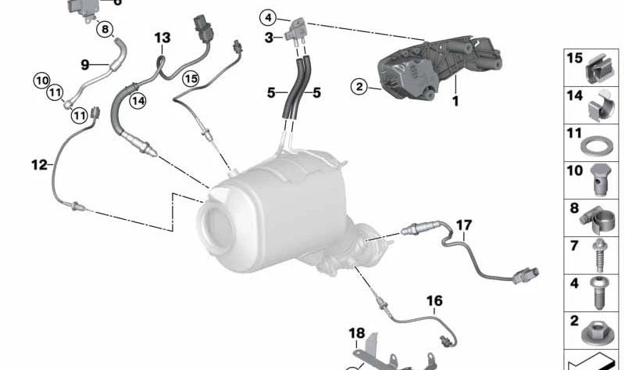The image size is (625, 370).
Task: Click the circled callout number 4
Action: (268, 17)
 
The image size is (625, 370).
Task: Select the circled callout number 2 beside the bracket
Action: (359, 86)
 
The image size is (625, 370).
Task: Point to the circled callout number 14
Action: (138, 101)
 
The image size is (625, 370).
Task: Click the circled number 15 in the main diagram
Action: (191, 79)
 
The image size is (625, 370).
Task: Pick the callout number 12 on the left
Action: (39, 164)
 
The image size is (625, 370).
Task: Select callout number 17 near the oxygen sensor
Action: (464, 225)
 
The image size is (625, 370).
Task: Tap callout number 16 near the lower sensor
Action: (434, 300)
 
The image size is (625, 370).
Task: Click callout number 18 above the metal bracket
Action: (357, 333)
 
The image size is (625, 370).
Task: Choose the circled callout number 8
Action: (105, 29)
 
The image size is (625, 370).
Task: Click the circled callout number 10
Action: (42, 81)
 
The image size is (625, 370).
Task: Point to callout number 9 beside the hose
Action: (84, 64)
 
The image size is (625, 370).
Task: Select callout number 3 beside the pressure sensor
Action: (269, 38)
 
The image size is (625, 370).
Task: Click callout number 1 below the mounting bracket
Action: (455, 101)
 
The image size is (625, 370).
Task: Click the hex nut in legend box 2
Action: (597, 332)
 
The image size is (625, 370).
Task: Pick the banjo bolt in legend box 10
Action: (599, 180)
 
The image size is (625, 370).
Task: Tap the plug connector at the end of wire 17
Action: (526, 275)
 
